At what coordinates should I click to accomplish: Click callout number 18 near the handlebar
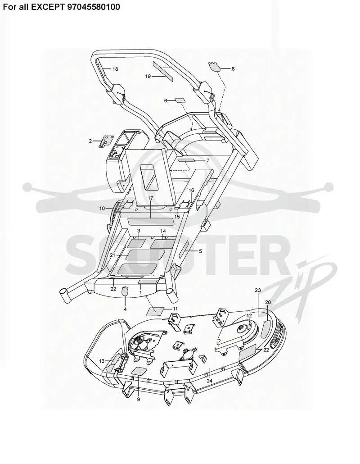tap(115, 69)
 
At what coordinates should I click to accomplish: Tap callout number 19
tap(148, 76)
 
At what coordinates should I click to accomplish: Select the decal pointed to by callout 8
tap(215, 67)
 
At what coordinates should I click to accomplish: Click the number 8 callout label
tap(233, 68)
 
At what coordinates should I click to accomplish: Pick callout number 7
tap(208, 160)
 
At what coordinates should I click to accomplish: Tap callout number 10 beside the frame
tap(102, 209)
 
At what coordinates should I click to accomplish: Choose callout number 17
tap(150, 198)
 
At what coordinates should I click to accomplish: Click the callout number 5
tap(200, 251)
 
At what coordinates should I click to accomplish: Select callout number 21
tap(112, 255)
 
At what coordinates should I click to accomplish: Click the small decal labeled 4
tap(125, 291)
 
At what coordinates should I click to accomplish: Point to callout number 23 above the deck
tap(258, 290)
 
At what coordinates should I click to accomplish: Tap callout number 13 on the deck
tap(102, 361)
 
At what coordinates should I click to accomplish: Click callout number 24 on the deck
tap(209, 381)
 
